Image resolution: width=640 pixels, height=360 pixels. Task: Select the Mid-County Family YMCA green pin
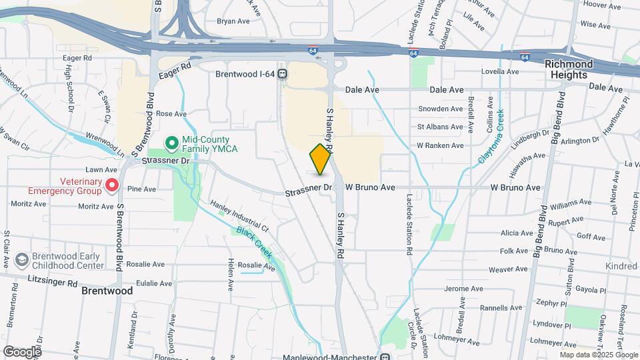171,142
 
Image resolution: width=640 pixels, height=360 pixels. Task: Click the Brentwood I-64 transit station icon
283,74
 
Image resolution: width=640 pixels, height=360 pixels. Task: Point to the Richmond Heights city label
569,69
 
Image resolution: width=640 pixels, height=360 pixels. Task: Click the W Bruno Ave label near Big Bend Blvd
515,188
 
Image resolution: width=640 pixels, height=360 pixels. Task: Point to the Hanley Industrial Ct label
239,217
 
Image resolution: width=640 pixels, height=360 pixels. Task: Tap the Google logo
22,351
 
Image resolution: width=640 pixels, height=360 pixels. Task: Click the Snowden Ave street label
440,109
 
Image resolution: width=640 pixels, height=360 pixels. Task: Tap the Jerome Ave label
463,289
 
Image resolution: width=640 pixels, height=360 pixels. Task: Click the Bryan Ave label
233,21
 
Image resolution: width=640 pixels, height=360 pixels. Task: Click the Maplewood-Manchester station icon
383,355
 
